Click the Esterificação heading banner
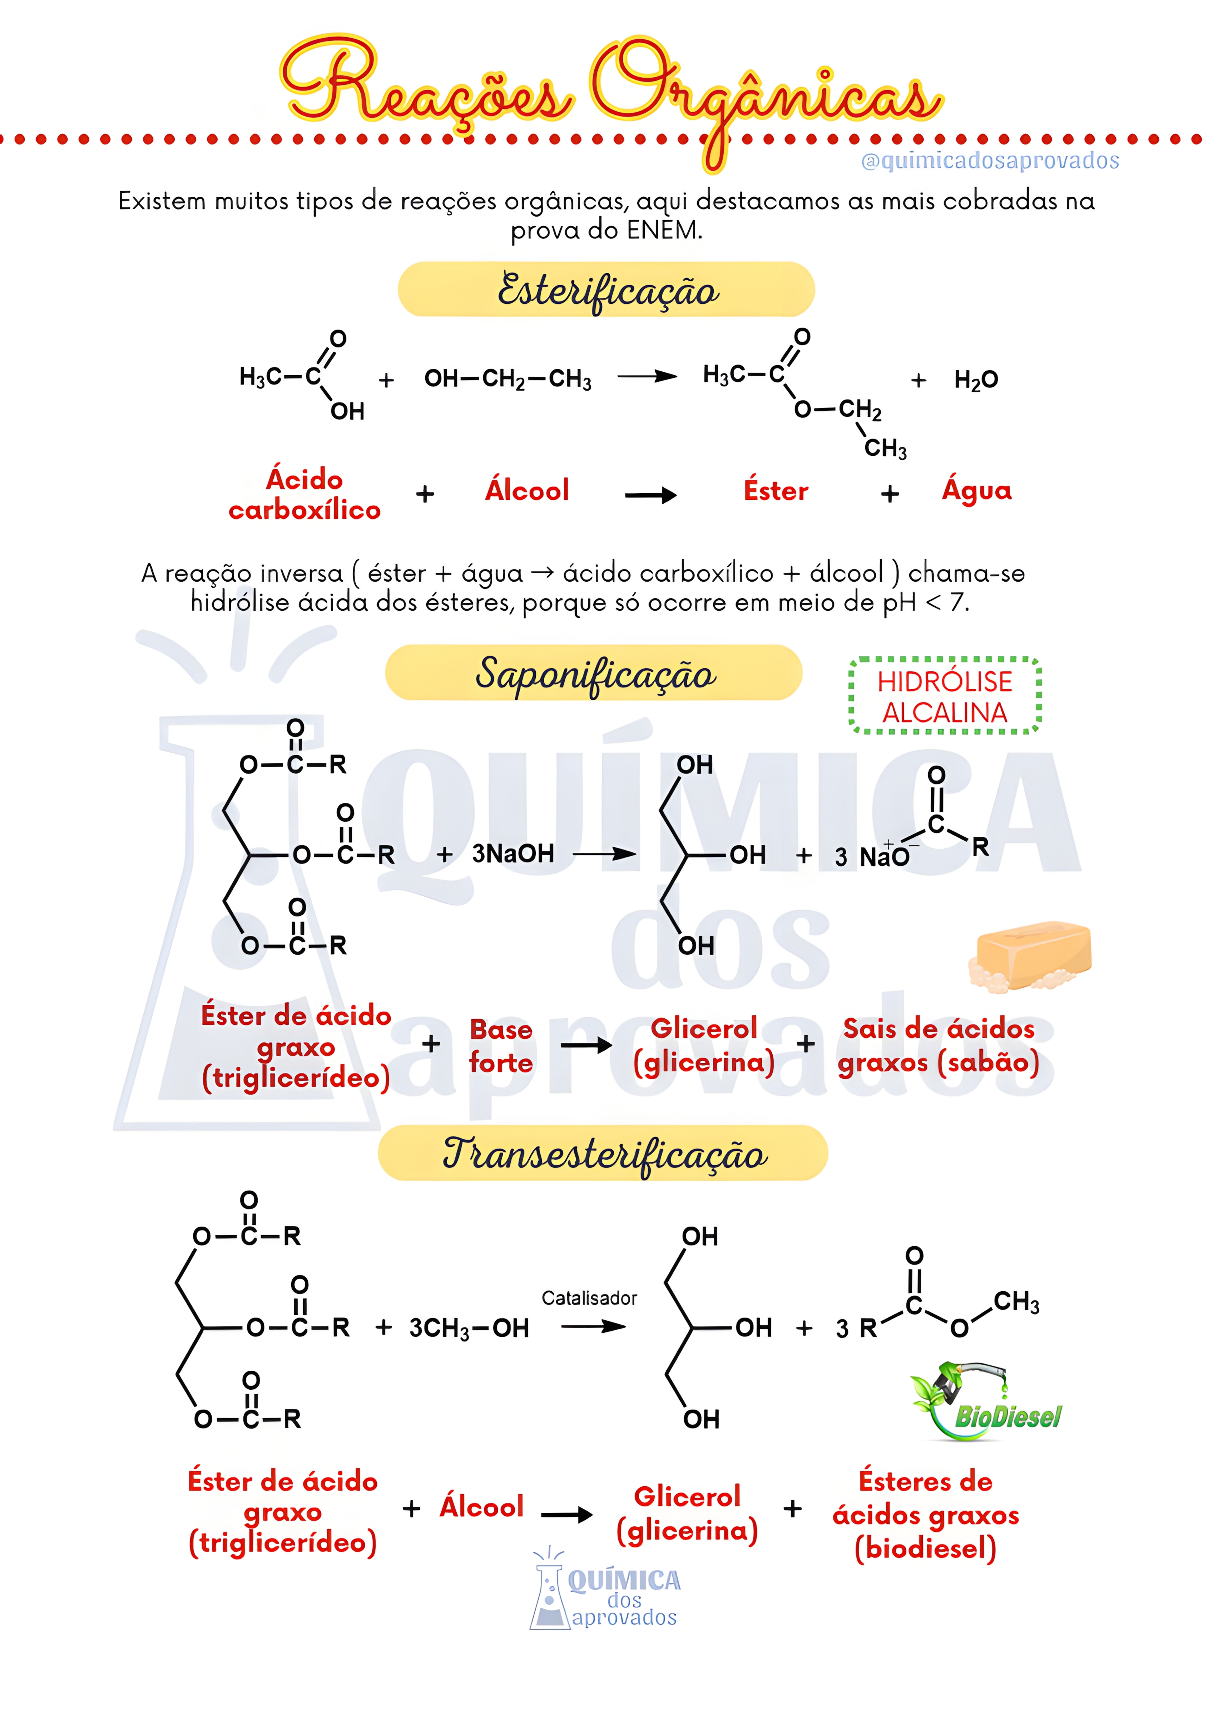coord(606,289)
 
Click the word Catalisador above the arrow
coord(589,1298)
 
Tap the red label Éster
coord(776,491)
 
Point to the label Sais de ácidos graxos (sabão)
coord(939,1046)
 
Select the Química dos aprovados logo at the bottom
coord(605,1595)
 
